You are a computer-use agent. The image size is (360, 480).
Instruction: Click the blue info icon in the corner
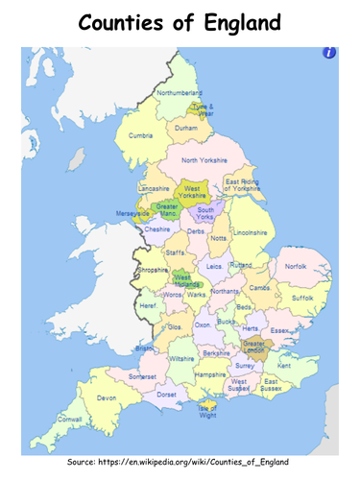tap(329, 53)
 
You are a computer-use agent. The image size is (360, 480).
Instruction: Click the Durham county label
tap(186, 127)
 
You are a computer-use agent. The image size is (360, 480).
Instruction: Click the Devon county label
tap(106, 396)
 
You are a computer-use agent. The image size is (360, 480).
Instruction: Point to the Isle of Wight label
tap(207, 410)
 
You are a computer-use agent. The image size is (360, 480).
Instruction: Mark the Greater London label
tap(254, 346)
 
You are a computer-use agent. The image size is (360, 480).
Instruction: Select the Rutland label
tap(241, 264)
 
